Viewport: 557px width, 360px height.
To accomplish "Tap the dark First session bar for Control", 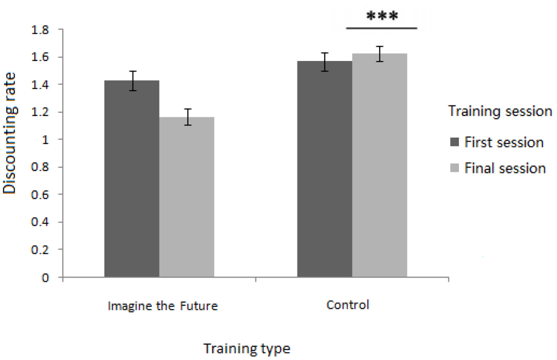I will [324, 169].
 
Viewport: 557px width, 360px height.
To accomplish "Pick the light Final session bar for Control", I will [379, 165].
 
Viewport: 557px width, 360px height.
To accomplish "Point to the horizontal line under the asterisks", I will [381, 28].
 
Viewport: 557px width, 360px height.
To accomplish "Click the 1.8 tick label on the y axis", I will [40, 30].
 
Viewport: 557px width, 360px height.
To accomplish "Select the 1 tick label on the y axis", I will [45, 140].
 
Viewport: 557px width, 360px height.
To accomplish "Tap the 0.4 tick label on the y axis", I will [40, 222].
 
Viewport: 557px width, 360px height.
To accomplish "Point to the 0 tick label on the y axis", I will [45, 278].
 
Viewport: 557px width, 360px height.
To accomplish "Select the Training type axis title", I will [246, 349].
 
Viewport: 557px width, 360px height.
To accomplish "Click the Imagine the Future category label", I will [162, 306].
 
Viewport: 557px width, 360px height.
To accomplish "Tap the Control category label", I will [347, 305].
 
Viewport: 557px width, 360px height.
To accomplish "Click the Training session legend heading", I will [500, 111].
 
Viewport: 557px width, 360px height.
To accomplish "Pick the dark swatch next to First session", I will [454, 142].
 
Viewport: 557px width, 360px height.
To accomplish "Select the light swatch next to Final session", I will [454, 168].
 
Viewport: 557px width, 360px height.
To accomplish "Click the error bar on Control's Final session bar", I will [379, 54].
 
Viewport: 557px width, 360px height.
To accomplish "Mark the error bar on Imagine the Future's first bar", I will [133, 81].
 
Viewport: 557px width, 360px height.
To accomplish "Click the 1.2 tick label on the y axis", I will [40, 112].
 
